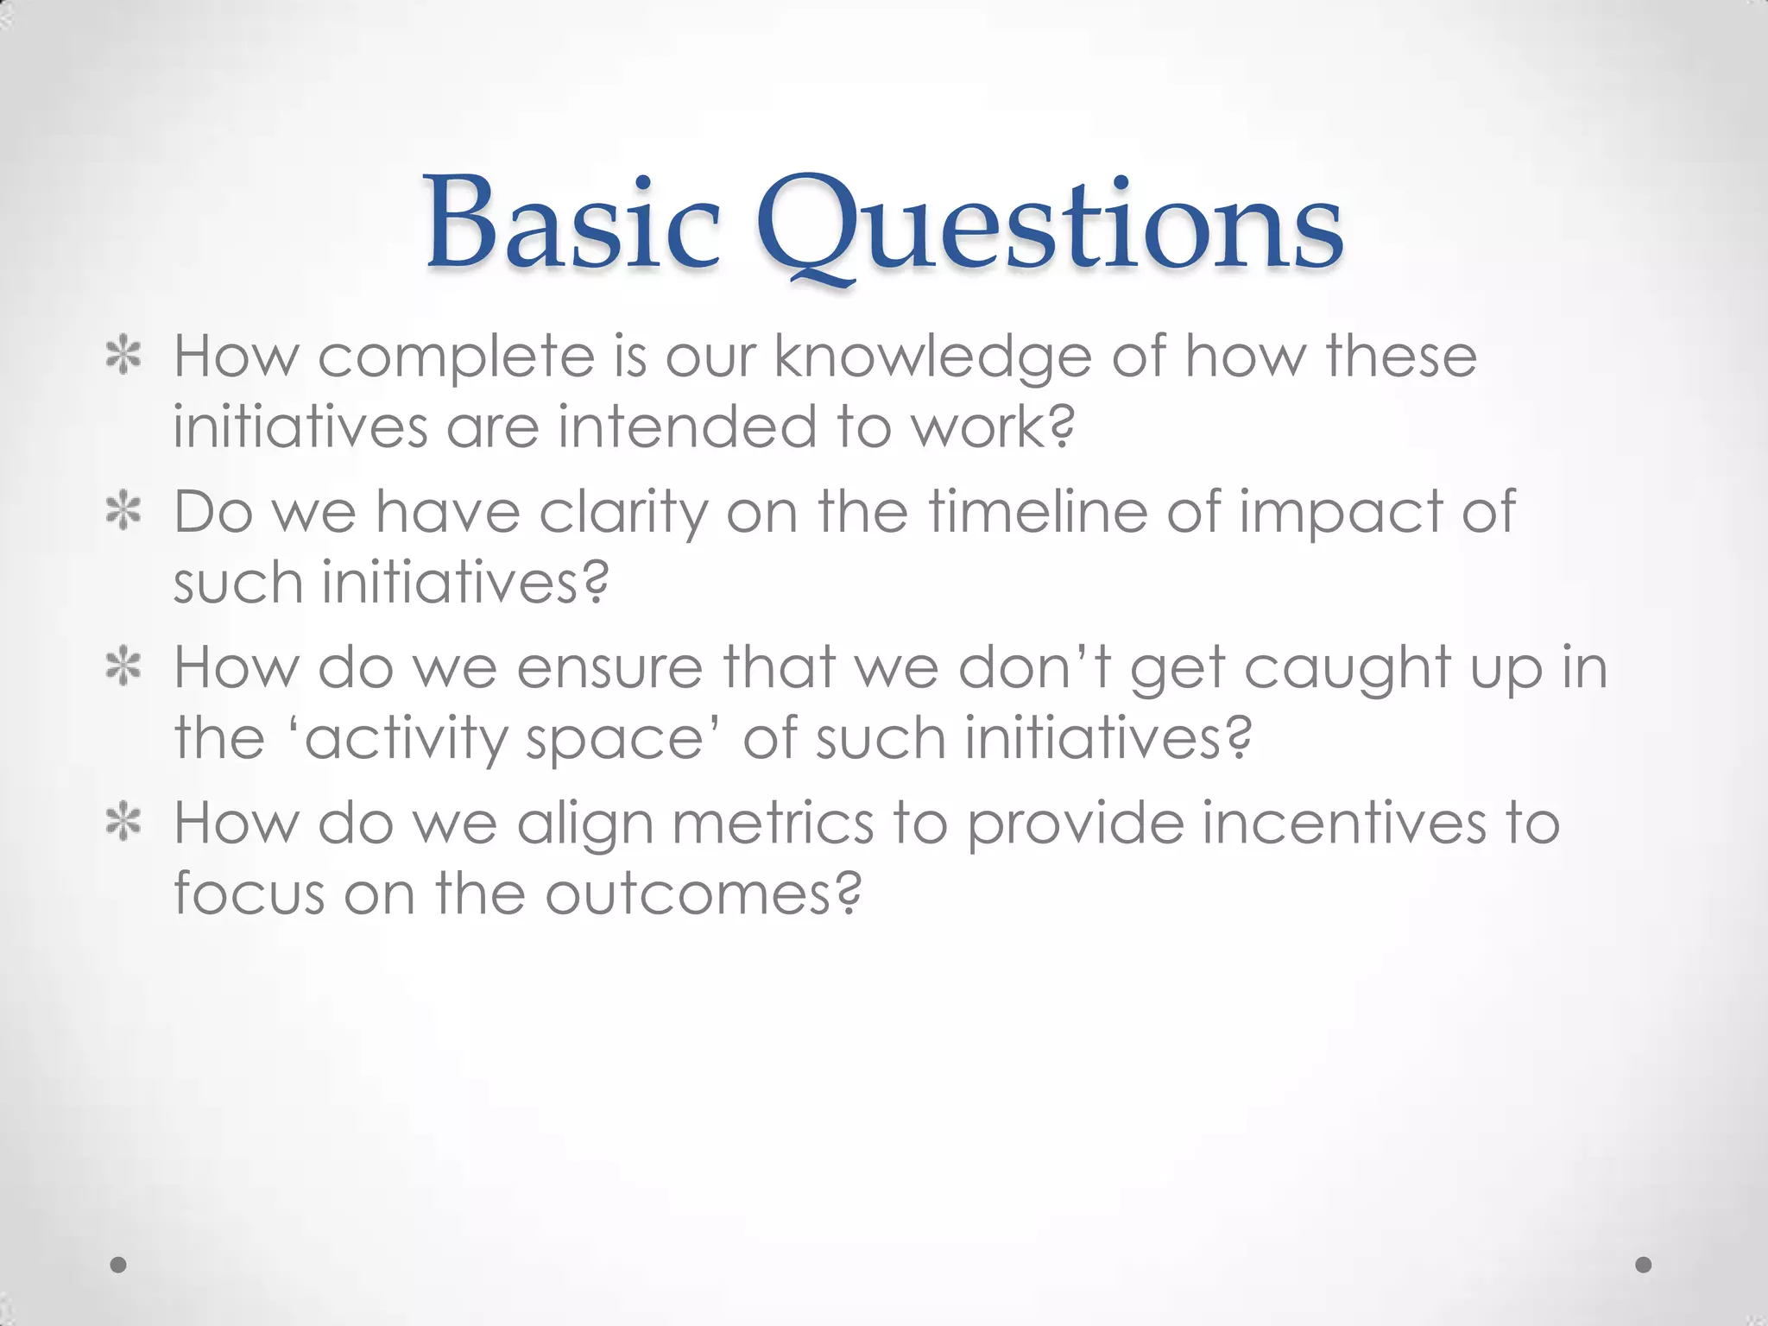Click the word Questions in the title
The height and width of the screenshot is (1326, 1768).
click(1049, 226)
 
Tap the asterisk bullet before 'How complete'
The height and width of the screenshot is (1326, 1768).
click(123, 357)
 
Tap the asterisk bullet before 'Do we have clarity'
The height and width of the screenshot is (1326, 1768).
click(123, 513)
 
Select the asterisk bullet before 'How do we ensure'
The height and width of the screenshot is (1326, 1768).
click(123, 668)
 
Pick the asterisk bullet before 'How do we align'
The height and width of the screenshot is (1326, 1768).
click(123, 823)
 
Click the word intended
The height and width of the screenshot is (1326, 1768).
click(687, 426)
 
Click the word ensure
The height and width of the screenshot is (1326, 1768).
click(609, 670)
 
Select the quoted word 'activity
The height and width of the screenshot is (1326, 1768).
click(405, 741)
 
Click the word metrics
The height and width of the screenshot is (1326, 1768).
click(773, 824)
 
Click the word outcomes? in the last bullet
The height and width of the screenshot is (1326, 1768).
click(703, 894)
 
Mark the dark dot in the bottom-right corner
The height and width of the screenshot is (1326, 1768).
click(1644, 1265)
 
